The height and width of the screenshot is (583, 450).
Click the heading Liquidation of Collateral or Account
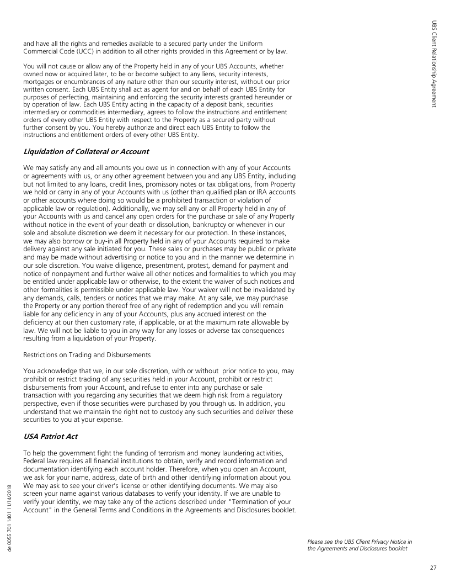[x=87, y=151]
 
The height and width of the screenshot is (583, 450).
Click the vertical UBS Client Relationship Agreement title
[x=434, y=64]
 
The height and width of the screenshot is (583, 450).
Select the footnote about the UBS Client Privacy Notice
[x=360, y=545]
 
